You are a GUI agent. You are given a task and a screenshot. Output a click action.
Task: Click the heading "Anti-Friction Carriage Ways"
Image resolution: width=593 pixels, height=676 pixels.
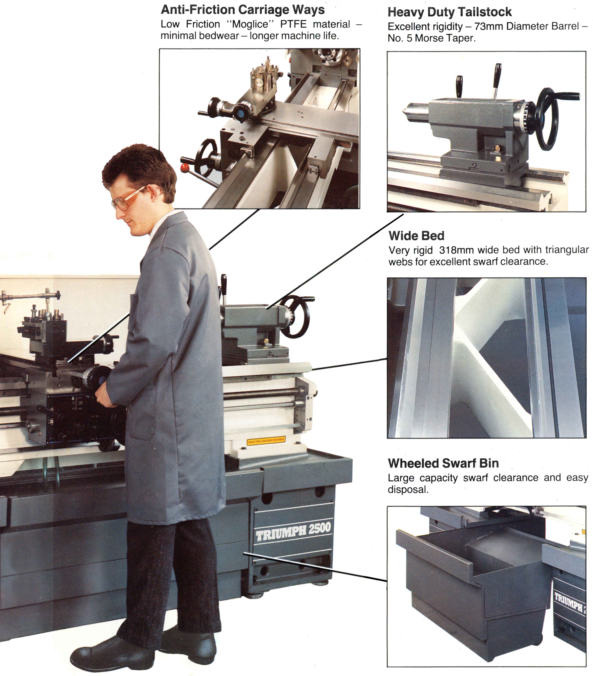pyautogui.click(x=243, y=10)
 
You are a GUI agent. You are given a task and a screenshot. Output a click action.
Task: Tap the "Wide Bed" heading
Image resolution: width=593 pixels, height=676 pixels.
pyautogui.click(x=416, y=236)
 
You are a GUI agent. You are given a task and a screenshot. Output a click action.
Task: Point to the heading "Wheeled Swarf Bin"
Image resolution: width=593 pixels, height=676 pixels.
pyautogui.click(x=443, y=463)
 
